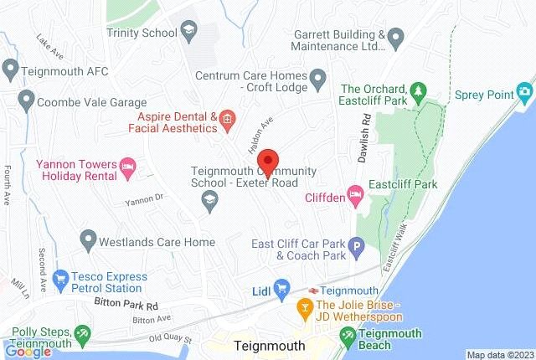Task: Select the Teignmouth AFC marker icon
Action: point(10,68)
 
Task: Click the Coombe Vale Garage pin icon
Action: point(25,100)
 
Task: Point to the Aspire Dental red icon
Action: point(226,122)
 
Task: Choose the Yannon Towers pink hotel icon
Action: point(128,166)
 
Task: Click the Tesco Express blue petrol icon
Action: point(60,277)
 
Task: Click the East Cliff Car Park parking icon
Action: point(357,248)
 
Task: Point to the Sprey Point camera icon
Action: point(525,90)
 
